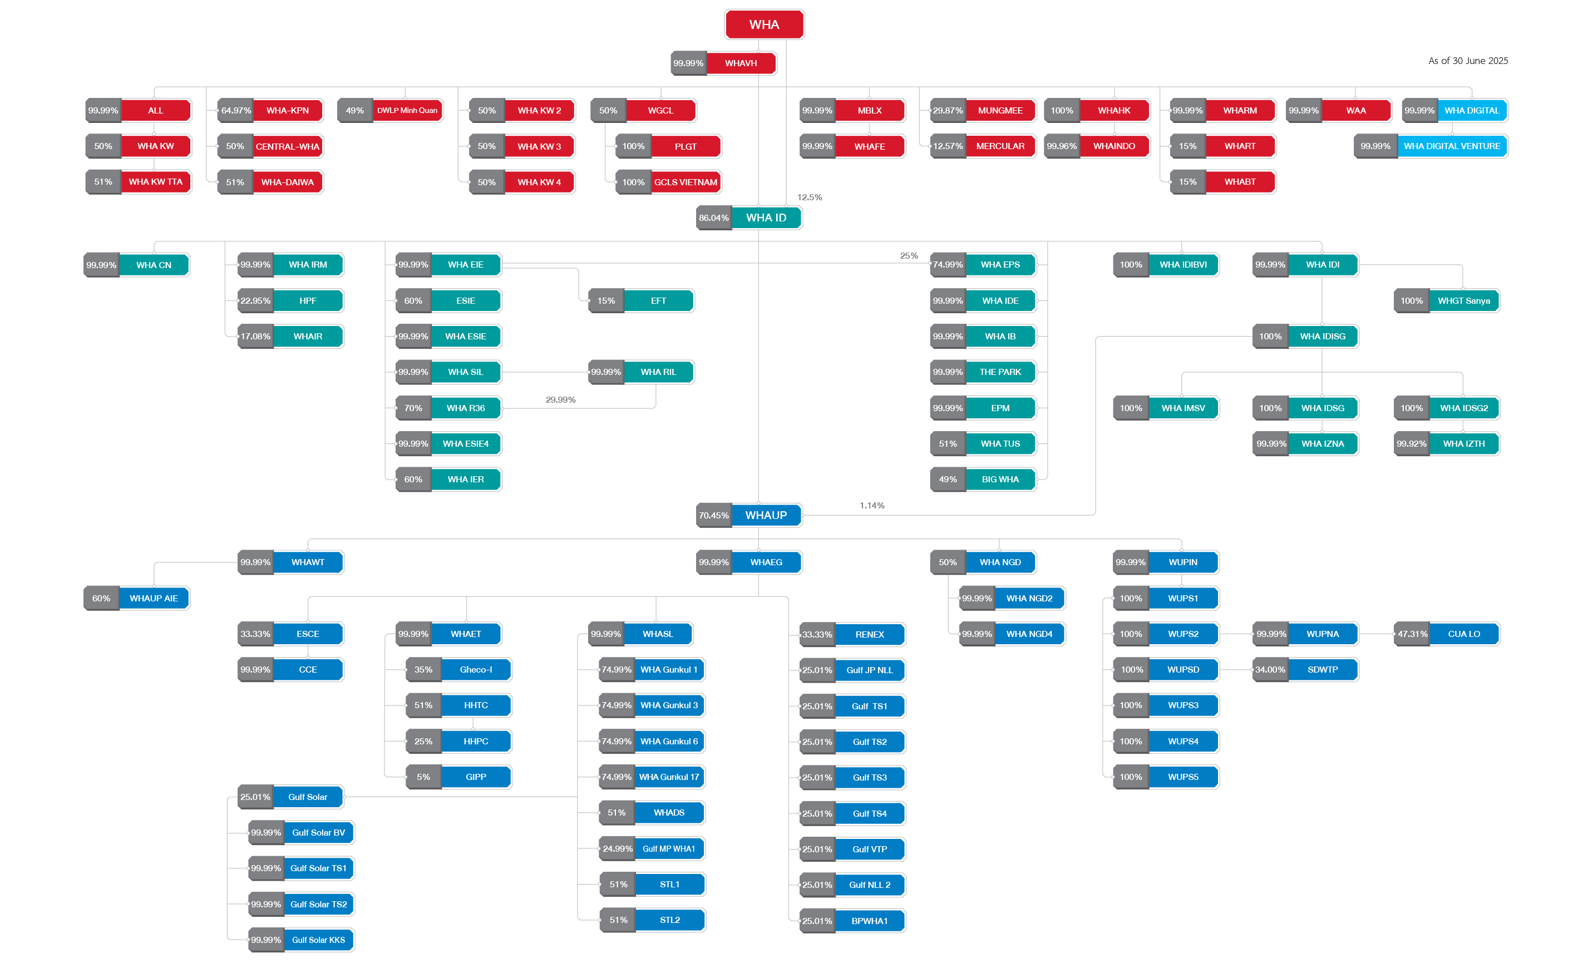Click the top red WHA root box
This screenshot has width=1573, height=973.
764,24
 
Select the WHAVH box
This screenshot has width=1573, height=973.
741,63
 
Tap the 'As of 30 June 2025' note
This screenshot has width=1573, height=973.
1467,61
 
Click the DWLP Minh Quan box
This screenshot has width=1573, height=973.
407,110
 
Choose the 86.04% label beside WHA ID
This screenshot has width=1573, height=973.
714,218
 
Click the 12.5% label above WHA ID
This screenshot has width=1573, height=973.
809,197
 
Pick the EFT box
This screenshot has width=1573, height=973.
658,300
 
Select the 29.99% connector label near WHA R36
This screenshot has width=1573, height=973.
560,399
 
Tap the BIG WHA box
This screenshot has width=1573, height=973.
1000,480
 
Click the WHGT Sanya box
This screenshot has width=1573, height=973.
1463,300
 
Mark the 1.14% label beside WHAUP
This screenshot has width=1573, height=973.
871,505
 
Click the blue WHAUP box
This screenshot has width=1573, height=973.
766,515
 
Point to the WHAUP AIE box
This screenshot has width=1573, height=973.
154,599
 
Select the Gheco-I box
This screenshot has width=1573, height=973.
476,669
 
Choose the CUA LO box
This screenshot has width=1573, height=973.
1463,634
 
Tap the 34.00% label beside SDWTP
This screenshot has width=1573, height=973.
1270,669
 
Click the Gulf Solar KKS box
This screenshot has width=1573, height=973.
319,940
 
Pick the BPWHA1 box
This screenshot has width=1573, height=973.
870,921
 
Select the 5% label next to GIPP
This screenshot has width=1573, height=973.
423,777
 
